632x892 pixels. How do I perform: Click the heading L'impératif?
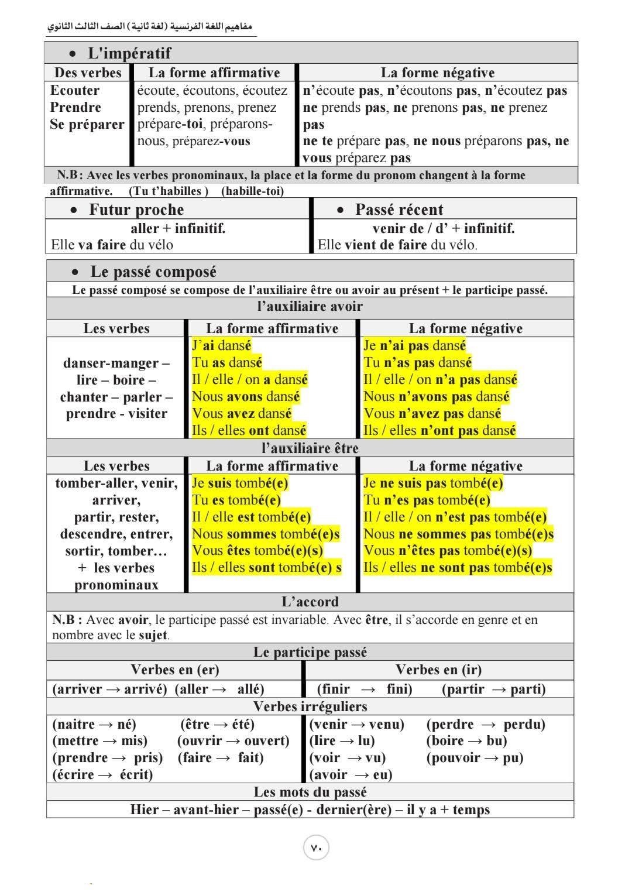coord(129,53)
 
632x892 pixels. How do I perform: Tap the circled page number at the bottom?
coord(316,848)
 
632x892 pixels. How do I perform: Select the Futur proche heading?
coord(136,210)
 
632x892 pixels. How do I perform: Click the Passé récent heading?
coord(399,210)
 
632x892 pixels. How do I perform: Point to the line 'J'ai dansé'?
coord(221,345)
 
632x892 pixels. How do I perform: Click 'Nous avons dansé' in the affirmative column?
coord(246,396)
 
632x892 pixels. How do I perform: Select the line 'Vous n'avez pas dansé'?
coord(432,413)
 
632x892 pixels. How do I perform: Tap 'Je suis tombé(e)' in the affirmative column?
coord(240,483)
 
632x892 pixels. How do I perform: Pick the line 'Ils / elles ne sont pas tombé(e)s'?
coord(458,568)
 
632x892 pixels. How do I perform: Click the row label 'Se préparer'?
coord(87,124)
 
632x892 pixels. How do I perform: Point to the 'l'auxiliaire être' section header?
coord(310,448)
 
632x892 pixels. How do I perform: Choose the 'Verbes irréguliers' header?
coord(310,706)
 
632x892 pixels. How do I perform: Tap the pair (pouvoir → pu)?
coord(475,758)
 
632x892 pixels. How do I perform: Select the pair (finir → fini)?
coord(364,689)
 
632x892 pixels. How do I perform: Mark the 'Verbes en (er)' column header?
coord(174,670)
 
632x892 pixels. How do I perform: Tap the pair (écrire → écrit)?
coord(102,775)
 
